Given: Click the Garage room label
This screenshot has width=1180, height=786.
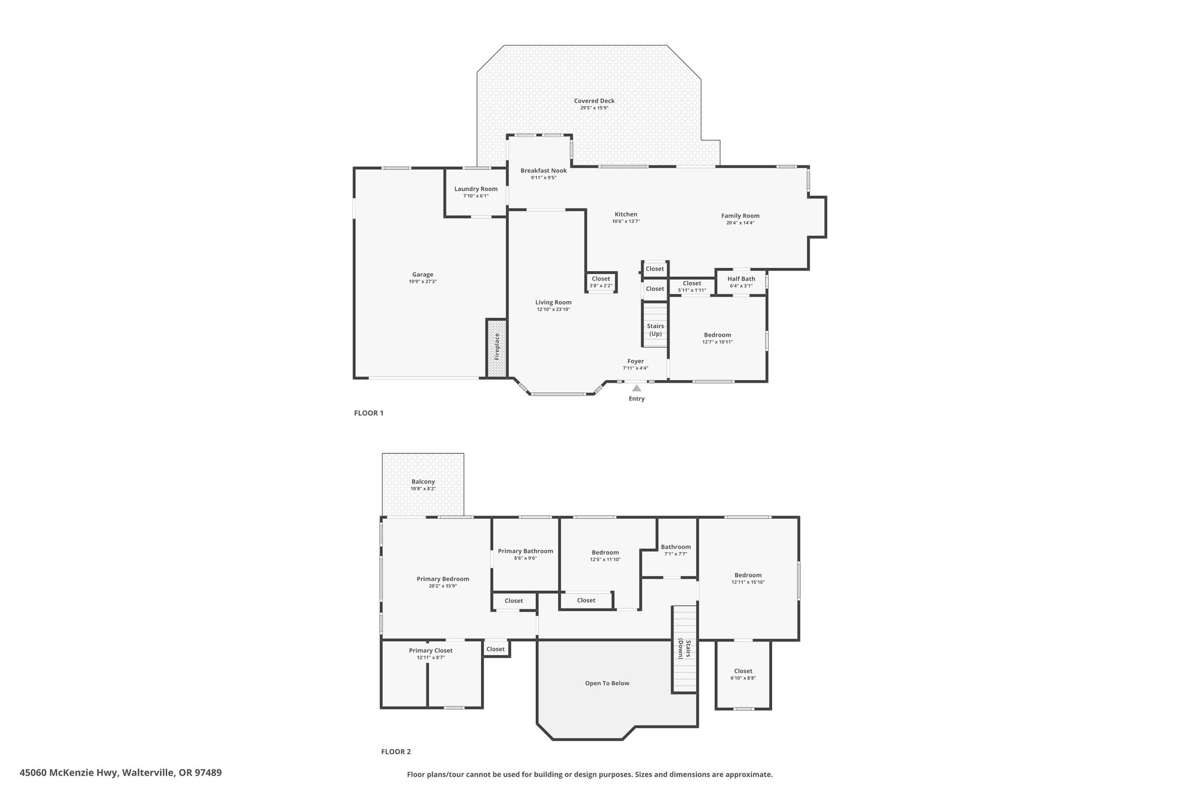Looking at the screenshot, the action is coord(422,275).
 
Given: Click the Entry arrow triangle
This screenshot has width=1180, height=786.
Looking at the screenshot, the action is coord(637,388).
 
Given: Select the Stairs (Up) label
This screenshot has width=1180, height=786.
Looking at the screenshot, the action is coord(655,330).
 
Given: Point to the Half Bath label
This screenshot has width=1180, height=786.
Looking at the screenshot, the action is coord(741,279).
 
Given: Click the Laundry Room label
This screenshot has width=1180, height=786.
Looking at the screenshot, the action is coord(476,189).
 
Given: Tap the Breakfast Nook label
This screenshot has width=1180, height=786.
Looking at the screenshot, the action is coord(543,170).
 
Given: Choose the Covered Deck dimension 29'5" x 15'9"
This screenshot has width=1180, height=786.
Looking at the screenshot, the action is coord(594,108).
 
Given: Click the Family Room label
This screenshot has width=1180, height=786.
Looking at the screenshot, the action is coord(740,216).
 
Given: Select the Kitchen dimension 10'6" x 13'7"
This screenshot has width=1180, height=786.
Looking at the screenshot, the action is coord(626,221).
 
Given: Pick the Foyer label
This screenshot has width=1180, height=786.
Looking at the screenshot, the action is coord(636,361).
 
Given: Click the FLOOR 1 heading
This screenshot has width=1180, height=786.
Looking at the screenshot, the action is coord(369,413).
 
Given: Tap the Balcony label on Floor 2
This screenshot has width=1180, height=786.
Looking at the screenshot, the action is coord(423,481).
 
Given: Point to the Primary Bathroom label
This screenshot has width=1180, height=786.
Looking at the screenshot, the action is coord(525,551).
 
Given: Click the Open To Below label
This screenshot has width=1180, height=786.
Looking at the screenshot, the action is coord(607,683).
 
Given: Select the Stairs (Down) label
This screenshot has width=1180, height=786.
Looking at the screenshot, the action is coord(684,649).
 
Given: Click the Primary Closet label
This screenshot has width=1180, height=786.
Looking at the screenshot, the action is coord(431,650).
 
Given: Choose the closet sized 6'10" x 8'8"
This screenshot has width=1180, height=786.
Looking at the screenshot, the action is coord(743,674).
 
